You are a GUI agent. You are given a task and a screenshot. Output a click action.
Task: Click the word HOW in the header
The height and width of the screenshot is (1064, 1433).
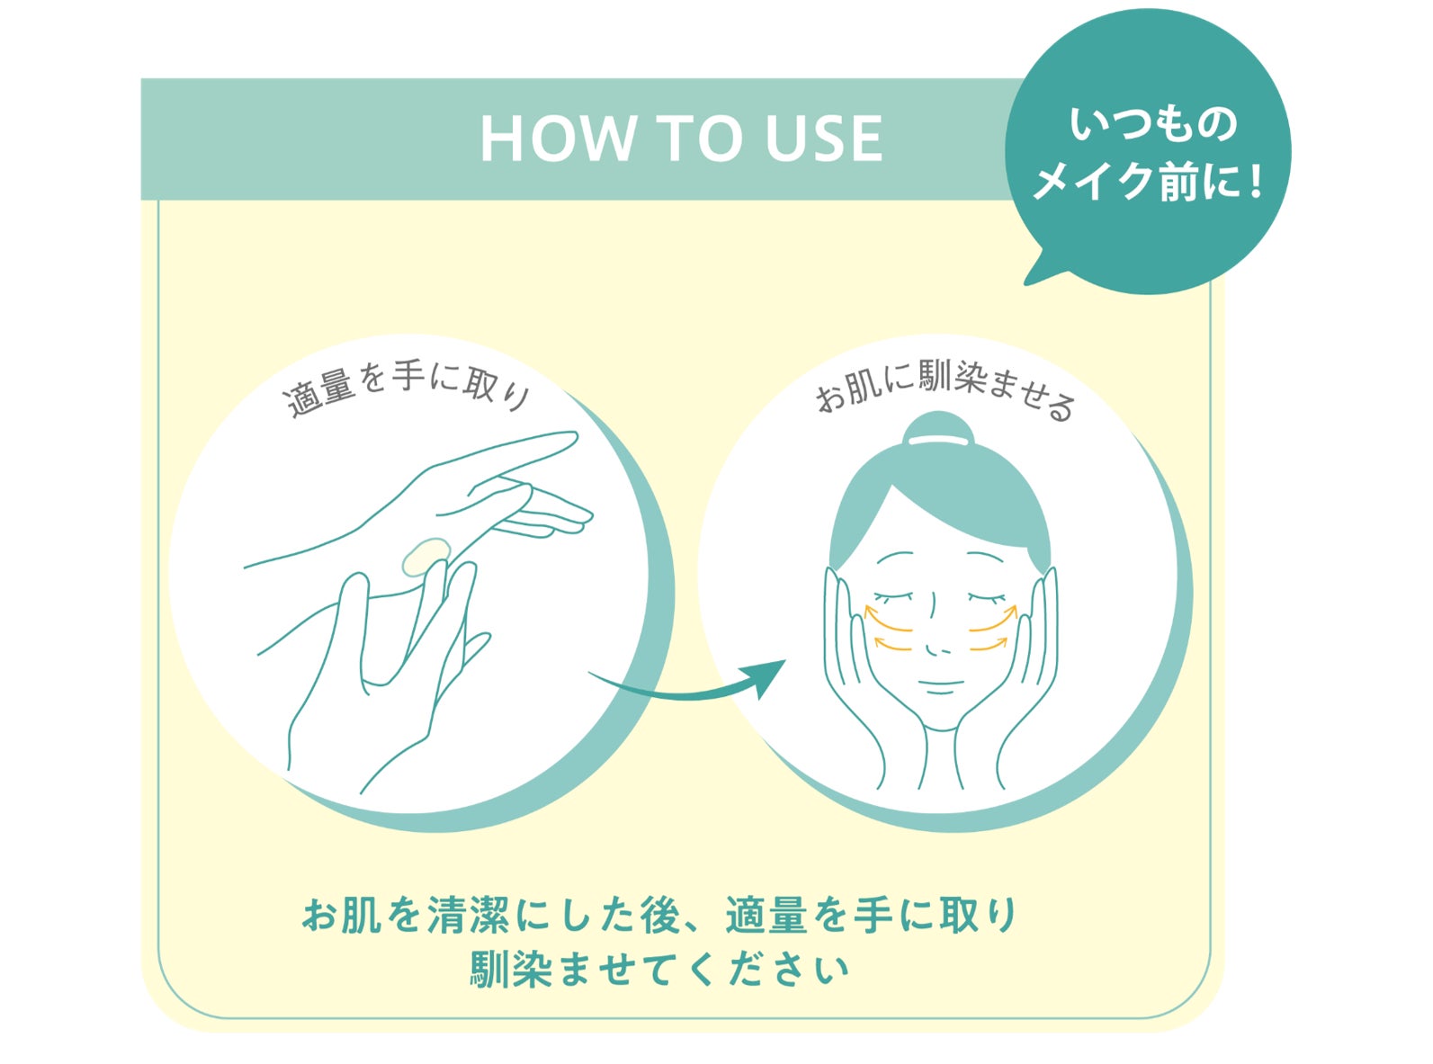click(557, 139)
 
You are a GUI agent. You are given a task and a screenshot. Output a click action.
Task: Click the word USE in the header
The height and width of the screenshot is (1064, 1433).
click(824, 139)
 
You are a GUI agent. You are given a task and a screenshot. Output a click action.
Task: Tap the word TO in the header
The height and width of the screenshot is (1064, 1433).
click(700, 139)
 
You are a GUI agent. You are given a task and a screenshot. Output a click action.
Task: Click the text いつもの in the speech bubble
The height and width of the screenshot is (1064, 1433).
click(1153, 125)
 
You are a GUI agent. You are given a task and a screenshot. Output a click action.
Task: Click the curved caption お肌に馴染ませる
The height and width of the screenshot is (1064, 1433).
click(945, 392)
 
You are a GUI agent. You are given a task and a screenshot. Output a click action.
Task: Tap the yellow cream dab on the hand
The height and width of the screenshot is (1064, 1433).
click(425, 557)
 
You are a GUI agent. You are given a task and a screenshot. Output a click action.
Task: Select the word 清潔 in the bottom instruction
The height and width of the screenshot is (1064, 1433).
click(469, 916)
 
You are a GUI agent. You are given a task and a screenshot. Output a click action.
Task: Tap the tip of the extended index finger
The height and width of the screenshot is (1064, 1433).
click(574, 437)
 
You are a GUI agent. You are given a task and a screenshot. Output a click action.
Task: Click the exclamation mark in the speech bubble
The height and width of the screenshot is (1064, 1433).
click(1254, 181)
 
